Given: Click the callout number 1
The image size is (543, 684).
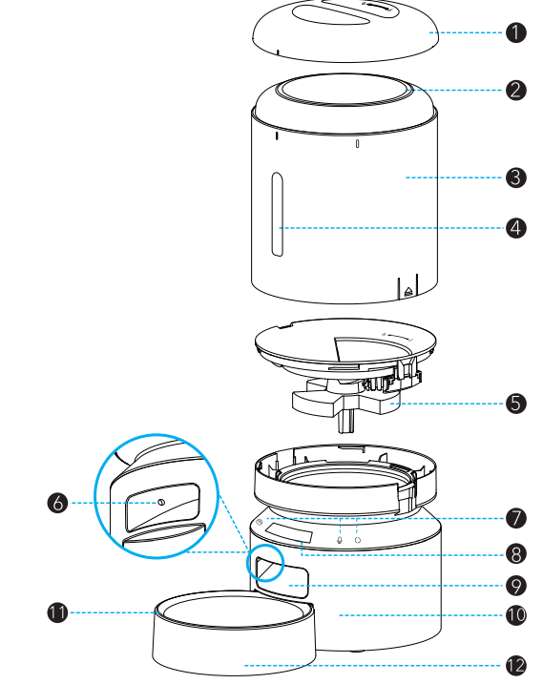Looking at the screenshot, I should pyautogui.click(x=515, y=32).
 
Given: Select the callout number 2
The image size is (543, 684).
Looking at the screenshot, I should pyautogui.click(x=515, y=91).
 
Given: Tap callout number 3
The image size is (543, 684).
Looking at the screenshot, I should pyautogui.click(x=515, y=177).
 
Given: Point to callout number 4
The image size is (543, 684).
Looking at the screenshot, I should pyautogui.click(x=515, y=228).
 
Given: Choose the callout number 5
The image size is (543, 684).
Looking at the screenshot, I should pyautogui.click(x=515, y=403).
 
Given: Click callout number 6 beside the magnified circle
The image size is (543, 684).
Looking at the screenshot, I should pyautogui.click(x=58, y=503).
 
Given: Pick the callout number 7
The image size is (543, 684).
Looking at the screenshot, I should pyautogui.click(x=515, y=519).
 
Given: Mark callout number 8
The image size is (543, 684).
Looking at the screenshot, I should pyautogui.click(x=515, y=551).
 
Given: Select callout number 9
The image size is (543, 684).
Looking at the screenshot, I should pyautogui.click(x=515, y=584).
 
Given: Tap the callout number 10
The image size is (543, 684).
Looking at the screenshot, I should pyautogui.click(x=515, y=615).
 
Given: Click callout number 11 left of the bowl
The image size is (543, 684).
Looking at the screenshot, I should pyautogui.click(x=58, y=612).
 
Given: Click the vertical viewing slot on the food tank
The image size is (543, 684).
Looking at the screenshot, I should pyautogui.click(x=277, y=215).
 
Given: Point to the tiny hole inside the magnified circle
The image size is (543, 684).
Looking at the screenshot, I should pyautogui.click(x=160, y=503).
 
